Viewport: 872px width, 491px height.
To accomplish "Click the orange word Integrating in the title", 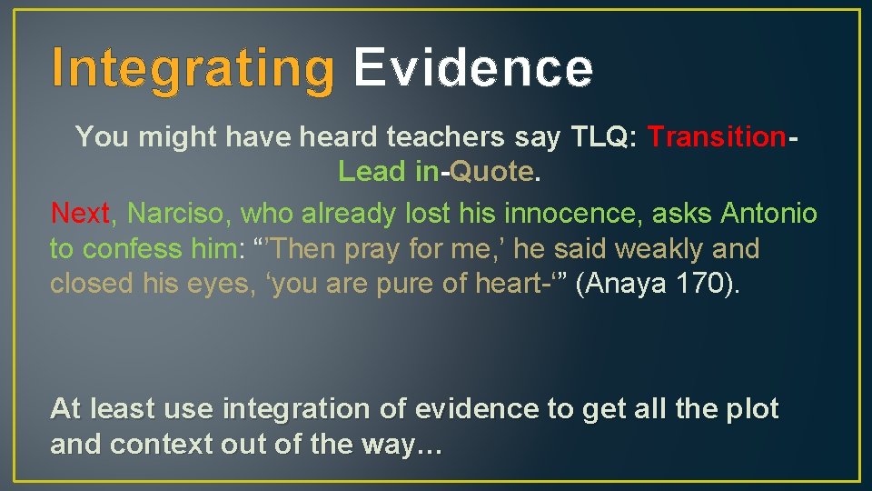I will [x=193, y=68].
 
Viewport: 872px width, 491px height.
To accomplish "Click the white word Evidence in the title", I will [x=473, y=68].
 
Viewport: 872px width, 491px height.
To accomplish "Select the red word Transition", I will [x=717, y=137].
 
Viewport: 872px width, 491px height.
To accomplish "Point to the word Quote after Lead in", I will [x=491, y=171].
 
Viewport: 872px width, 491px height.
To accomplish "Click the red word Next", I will [x=80, y=214].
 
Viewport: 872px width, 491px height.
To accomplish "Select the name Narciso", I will [x=178, y=214].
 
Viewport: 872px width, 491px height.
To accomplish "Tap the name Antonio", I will [x=768, y=214].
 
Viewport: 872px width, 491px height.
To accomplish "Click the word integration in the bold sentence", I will [x=293, y=409].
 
